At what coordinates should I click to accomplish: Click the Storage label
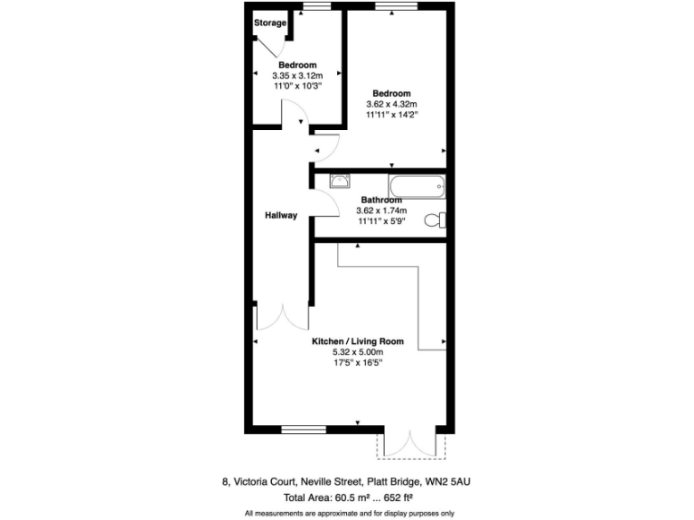(x=270, y=23)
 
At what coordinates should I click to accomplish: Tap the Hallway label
(x=281, y=215)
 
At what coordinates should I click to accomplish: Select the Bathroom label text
(x=380, y=200)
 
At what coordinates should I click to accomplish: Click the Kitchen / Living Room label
(x=358, y=341)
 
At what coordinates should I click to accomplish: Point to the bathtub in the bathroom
(x=417, y=188)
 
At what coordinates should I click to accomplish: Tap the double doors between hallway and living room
(x=283, y=318)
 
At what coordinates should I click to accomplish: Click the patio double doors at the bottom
(x=412, y=443)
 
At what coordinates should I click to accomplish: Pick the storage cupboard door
(x=273, y=45)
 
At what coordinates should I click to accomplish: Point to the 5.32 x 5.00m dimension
(x=358, y=352)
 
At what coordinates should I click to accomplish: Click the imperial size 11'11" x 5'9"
(x=380, y=220)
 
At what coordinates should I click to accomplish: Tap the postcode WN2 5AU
(x=448, y=481)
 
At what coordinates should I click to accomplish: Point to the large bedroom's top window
(x=396, y=7)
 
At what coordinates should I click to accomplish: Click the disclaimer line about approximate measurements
(x=348, y=513)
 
